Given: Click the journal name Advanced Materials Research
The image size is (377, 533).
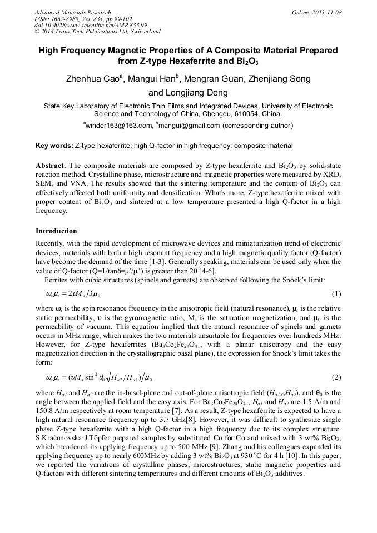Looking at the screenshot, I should click(x=73, y=12).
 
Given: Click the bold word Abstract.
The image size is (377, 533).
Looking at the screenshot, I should click(x=51, y=166).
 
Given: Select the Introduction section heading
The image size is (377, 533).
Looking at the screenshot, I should click(x=56, y=231).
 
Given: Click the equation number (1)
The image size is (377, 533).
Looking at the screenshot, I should click(x=336, y=293).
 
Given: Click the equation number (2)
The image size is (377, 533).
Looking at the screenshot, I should click(x=336, y=377).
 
